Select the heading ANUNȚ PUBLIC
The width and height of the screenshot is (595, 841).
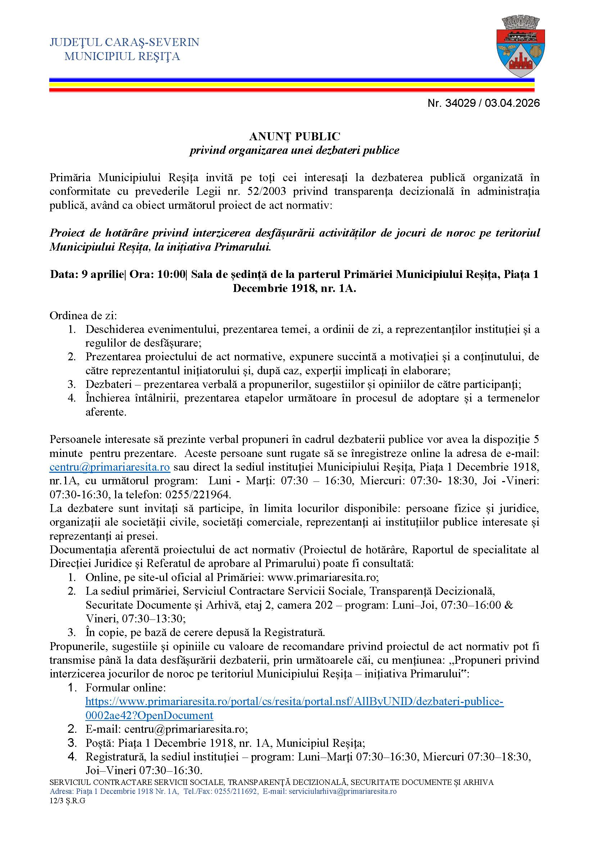(295, 137)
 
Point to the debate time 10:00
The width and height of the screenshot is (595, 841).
(171, 274)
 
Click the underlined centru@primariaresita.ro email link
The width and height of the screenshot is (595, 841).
(110, 467)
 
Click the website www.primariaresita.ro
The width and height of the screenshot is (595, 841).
(322, 578)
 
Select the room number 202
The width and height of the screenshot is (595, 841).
(323, 605)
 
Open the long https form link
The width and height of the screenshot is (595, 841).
(295, 701)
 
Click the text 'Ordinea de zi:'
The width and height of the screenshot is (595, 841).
(83, 316)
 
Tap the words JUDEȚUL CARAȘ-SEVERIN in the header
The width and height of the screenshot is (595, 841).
(124, 42)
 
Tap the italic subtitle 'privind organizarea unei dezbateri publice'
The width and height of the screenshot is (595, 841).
(294, 150)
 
